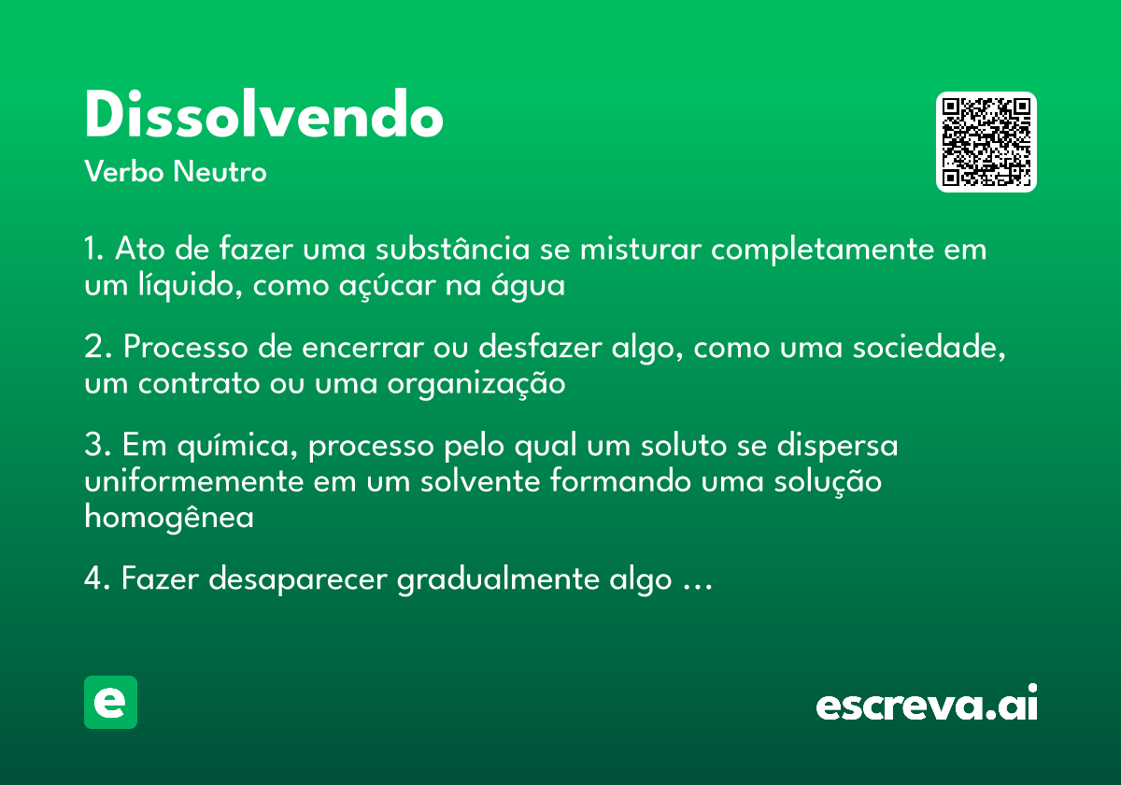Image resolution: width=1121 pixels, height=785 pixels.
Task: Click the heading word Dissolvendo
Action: [x=263, y=117]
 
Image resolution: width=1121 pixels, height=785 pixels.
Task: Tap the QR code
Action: [x=986, y=142]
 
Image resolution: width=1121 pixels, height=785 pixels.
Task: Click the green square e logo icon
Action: [x=110, y=702]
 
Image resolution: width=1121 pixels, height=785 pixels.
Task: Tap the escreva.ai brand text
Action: [x=927, y=705]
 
